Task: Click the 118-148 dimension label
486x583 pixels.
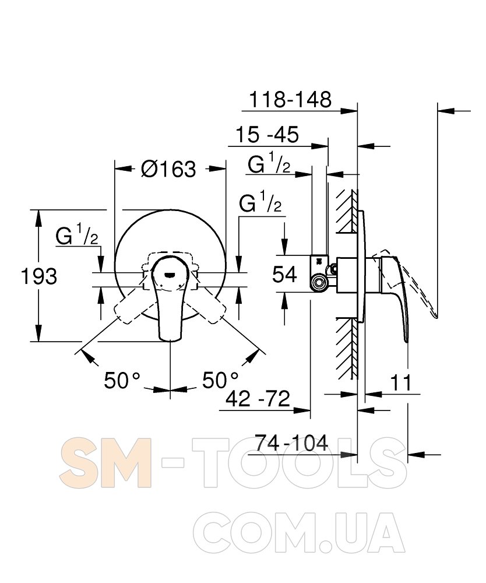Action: [290, 100]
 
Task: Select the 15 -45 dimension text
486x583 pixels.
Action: [267, 134]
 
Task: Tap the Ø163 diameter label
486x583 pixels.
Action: [168, 169]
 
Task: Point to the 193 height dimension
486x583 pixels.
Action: [39, 276]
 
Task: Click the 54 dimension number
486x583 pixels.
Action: [284, 275]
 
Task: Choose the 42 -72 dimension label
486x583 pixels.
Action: [258, 399]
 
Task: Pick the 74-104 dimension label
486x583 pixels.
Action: [292, 442]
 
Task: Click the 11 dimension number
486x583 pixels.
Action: [401, 382]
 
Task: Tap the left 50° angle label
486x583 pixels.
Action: [122, 380]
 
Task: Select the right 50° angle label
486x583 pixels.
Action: [220, 380]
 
